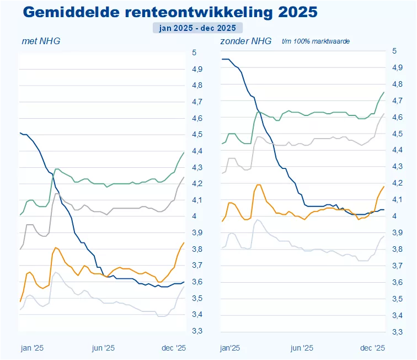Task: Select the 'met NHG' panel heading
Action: [41, 41]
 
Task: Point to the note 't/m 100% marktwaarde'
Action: [316, 41]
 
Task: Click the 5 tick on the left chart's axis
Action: [194, 52]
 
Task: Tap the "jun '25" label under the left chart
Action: [103, 348]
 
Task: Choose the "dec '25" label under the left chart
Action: [174, 348]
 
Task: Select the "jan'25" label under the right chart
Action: [230, 348]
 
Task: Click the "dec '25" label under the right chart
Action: [373, 348]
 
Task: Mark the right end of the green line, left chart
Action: [184, 152]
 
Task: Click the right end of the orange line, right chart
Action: [384, 186]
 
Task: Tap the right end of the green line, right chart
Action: [384, 92]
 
